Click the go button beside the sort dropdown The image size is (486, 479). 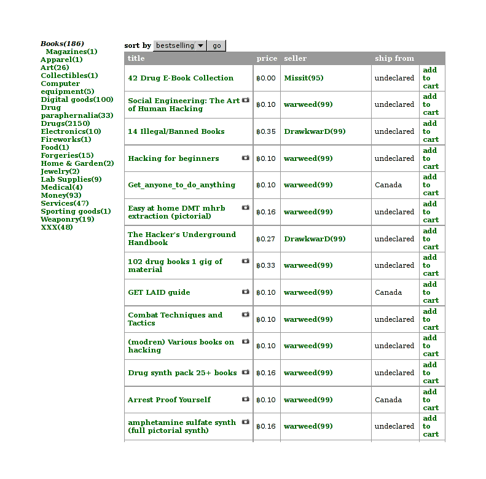[x=216, y=45]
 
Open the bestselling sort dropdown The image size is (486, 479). [x=180, y=45]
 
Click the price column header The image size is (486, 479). [x=267, y=58]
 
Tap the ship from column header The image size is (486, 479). [x=394, y=58]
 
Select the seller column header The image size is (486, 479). [x=295, y=58]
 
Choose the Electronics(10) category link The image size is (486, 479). [x=71, y=131]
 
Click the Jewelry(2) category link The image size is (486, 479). [x=60, y=171]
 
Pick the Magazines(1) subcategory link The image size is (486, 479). [x=71, y=52]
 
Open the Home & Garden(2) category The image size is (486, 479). [x=77, y=163]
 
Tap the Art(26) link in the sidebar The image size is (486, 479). [x=55, y=68]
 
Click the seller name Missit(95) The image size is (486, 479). [x=304, y=78]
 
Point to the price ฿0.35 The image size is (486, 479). [x=266, y=131]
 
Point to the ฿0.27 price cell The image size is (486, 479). [x=266, y=239]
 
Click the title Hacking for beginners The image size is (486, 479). [x=173, y=158]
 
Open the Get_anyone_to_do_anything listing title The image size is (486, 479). [x=181, y=185]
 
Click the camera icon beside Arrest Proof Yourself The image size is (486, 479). [x=246, y=399]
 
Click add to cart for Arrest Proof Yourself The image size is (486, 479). [x=430, y=400]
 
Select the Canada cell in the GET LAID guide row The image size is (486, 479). [x=388, y=292]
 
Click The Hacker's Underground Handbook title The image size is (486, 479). [x=182, y=238]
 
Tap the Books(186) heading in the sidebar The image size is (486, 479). [x=62, y=44]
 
